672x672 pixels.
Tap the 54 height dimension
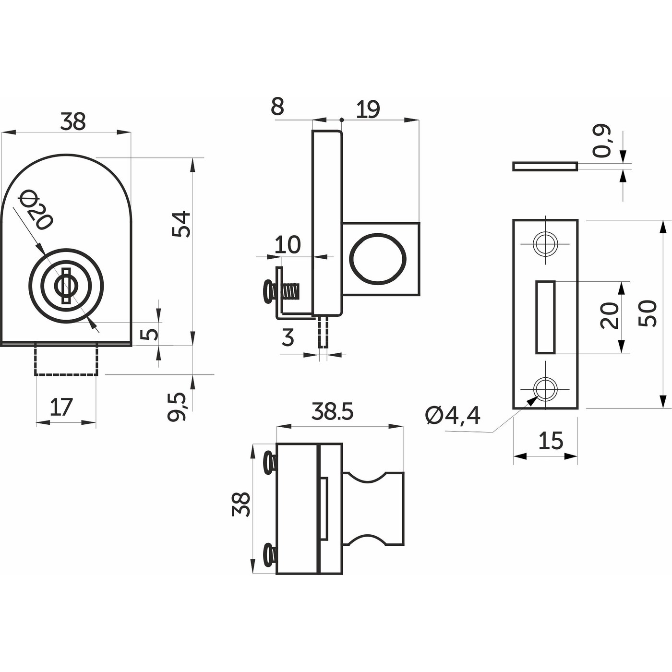tap(182, 224)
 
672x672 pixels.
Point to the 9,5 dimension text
tap(177, 407)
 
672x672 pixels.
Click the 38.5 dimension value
tap(332, 411)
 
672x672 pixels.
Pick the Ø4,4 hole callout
tap(453, 416)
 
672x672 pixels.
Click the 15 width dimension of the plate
tap(551, 440)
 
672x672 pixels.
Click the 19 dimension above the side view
tap(367, 110)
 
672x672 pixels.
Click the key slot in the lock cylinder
tap(66, 286)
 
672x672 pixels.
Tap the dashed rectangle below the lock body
tap(66, 360)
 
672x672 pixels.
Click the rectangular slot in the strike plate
tap(545, 317)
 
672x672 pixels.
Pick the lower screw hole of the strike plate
tap(545, 389)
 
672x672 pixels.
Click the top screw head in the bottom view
tap(270, 463)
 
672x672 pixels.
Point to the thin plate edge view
tap(545, 167)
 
